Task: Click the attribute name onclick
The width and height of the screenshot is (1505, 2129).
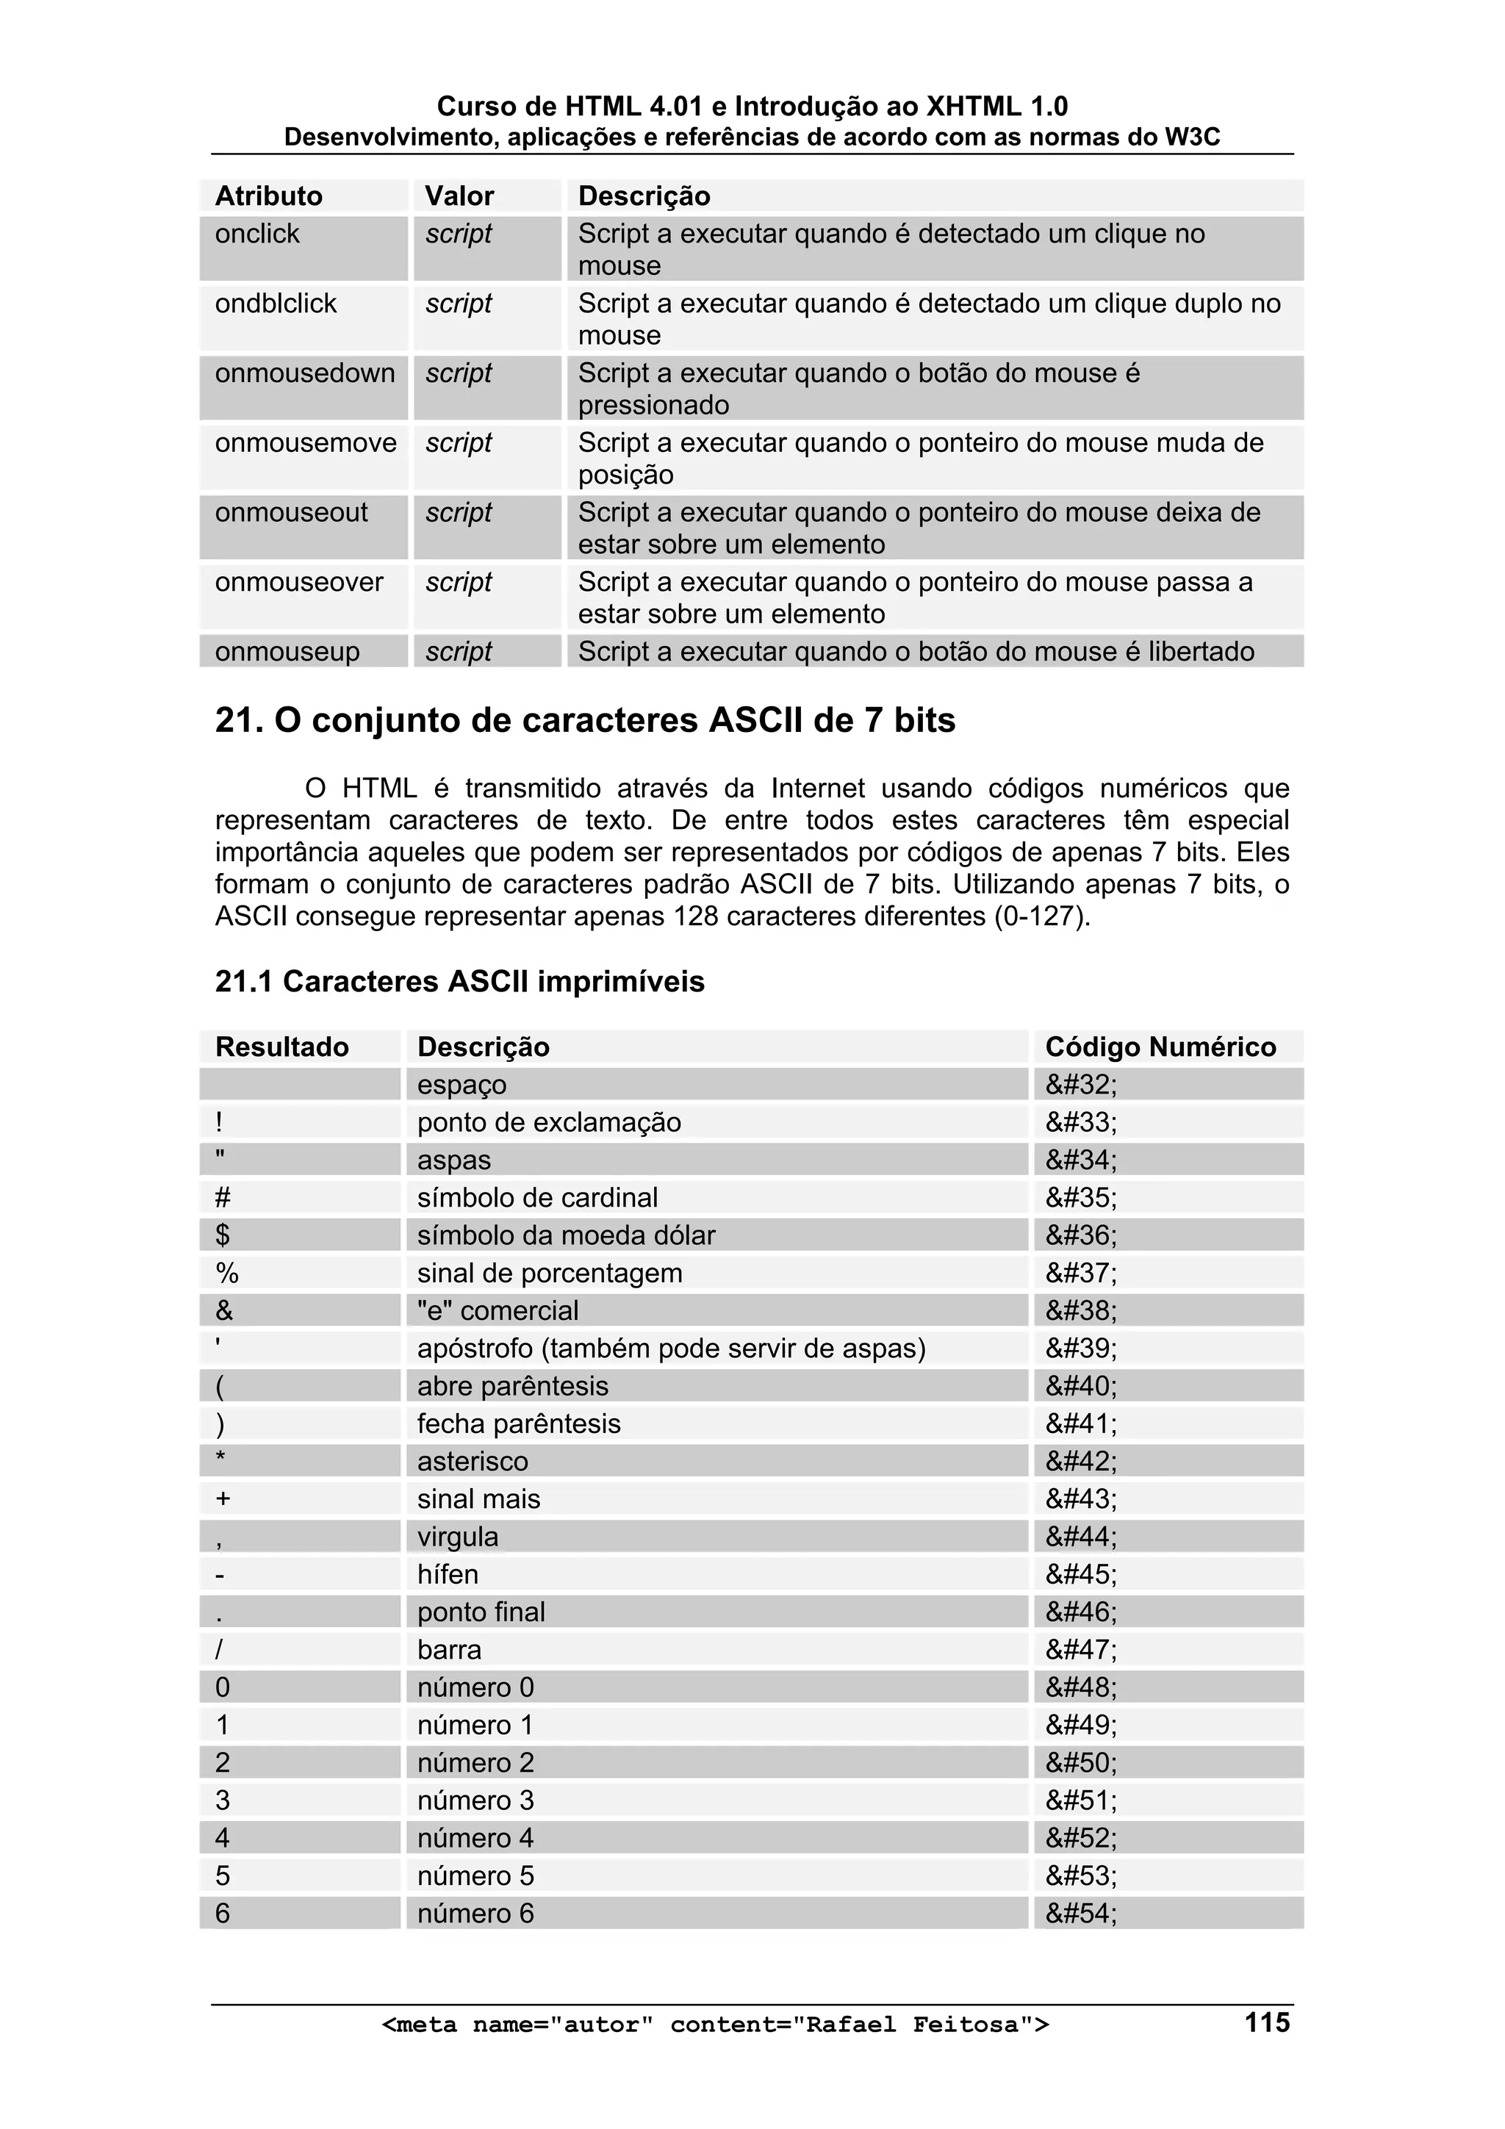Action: [x=258, y=234]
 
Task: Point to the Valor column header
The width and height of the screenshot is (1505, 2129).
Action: [x=459, y=195]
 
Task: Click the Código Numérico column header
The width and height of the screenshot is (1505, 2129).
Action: [x=1160, y=1047]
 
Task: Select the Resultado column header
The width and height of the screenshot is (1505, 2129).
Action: [x=282, y=1047]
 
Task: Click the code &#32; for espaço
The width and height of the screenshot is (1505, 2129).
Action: [x=1081, y=1084]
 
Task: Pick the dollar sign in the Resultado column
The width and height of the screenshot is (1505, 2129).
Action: [x=223, y=1235]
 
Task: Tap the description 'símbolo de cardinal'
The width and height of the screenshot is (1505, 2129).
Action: [x=537, y=1197]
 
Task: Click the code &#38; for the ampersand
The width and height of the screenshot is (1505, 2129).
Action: [x=1081, y=1310]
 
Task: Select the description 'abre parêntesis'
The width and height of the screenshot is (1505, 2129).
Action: [x=513, y=1385]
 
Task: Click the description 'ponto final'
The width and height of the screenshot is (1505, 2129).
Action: [x=481, y=1612]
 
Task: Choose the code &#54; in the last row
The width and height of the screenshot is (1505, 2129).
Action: [x=1081, y=1913]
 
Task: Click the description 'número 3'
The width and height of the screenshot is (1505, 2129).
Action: [x=475, y=1800]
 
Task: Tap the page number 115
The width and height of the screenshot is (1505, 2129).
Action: [x=1267, y=2022]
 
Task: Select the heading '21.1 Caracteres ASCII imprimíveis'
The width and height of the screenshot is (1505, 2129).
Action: [x=460, y=981]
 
